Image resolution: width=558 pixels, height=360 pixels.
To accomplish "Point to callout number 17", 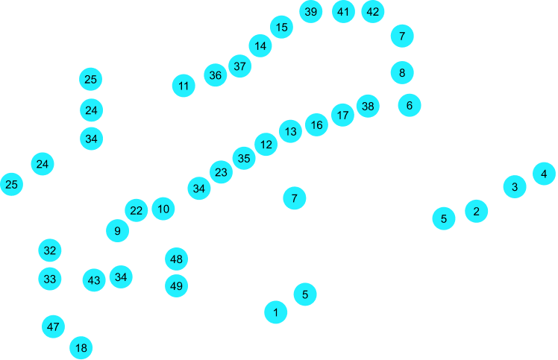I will click(x=343, y=116).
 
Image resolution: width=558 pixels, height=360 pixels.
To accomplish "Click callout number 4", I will click(x=544, y=174).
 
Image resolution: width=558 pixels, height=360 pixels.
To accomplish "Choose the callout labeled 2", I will click(x=471, y=210).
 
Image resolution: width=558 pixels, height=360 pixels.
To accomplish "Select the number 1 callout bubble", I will click(x=276, y=313).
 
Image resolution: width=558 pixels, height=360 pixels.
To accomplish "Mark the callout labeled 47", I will click(x=54, y=327).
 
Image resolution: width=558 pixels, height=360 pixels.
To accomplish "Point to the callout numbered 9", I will click(x=116, y=230).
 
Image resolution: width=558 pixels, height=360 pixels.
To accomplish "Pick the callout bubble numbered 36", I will click(x=216, y=75).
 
